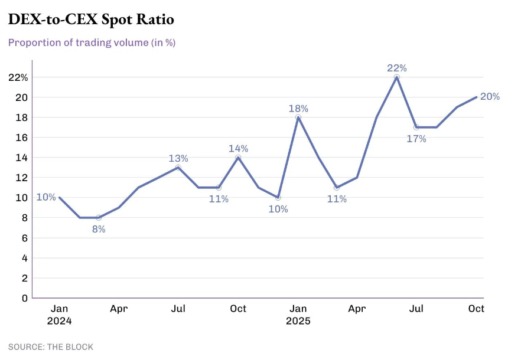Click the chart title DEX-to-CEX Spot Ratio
click(x=91, y=19)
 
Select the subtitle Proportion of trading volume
click(x=92, y=42)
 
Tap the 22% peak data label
click(x=397, y=68)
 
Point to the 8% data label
click(x=98, y=229)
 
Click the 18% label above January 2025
click(x=298, y=109)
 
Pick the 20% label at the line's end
click(x=490, y=97)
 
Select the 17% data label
click(x=416, y=139)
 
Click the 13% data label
click(x=178, y=158)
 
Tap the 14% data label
click(x=238, y=148)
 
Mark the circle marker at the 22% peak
click(x=397, y=77)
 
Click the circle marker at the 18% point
click(x=298, y=117)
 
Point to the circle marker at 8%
click(x=99, y=218)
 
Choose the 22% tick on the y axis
click(x=18, y=77)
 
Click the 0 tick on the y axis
click(x=25, y=298)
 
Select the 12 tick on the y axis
click(x=22, y=178)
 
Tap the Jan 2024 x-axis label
click(x=59, y=315)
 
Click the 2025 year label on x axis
click(x=298, y=322)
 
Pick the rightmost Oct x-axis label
click(x=476, y=309)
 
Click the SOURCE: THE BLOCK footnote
click(x=51, y=347)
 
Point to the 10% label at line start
click(x=47, y=197)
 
